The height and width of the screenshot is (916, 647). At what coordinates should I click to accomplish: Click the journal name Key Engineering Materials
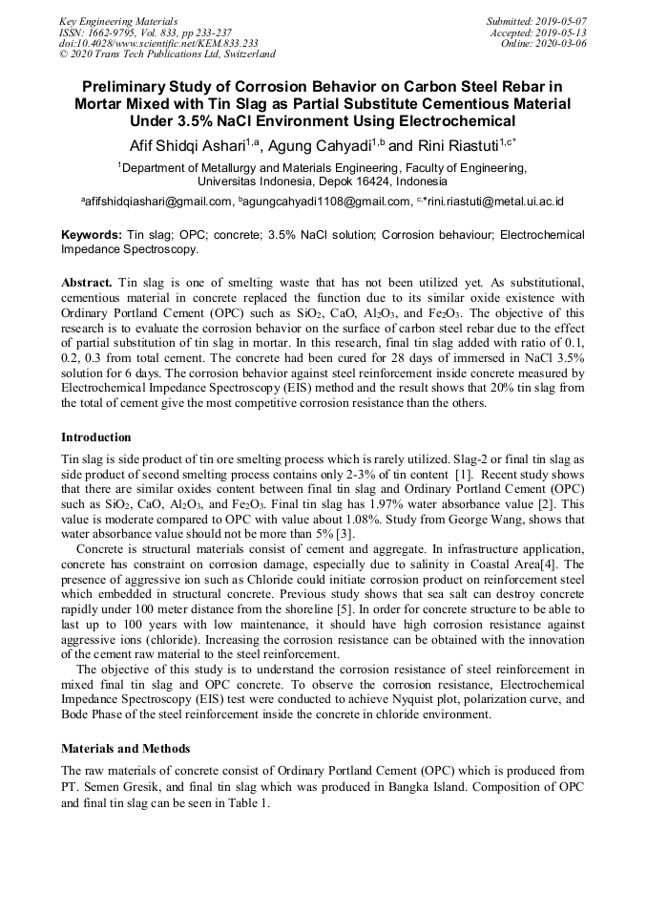pyautogui.click(x=117, y=20)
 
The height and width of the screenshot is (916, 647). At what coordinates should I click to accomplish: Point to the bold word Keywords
pyautogui.click(x=92, y=234)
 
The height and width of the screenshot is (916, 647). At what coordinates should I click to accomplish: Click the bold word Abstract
pyautogui.click(x=88, y=284)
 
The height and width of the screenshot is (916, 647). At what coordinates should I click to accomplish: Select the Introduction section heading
pyautogui.click(x=96, y=437)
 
